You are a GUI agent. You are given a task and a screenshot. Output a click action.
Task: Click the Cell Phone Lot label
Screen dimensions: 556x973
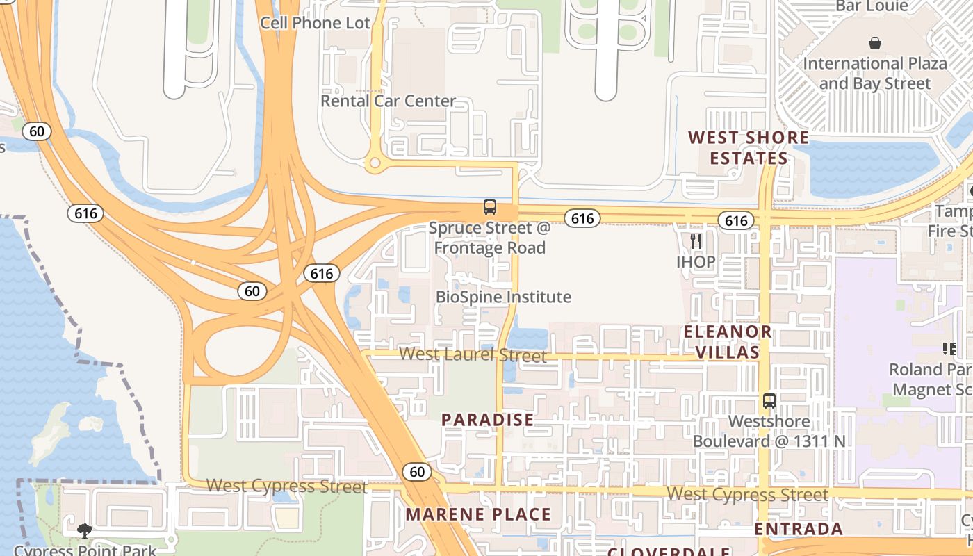pos(316,22)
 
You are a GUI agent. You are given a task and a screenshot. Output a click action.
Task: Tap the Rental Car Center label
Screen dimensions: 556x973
pos(388,101)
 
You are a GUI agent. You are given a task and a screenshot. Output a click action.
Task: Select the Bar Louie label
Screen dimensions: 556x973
pos(872,6)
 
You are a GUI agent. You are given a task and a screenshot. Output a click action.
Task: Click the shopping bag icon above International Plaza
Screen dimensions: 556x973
pos(875,43)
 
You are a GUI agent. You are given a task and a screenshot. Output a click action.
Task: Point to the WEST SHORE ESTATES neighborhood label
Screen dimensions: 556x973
pos(749,147)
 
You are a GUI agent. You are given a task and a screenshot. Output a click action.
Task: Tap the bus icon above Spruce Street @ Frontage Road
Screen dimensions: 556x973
pos(490,207)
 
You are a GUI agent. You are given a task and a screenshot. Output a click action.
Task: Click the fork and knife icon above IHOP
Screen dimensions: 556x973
pos(696,241)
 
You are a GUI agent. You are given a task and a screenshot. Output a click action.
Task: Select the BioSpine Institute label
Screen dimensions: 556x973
pos(503,297)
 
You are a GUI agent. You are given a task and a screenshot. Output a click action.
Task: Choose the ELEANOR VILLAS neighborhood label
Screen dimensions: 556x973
pos(728,341)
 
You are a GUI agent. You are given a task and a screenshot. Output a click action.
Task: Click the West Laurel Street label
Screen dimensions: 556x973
pos(473,354)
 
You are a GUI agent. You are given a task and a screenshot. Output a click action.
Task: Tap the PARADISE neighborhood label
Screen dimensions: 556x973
pos(488,420)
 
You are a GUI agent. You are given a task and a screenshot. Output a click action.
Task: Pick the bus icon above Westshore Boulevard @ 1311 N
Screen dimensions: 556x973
pos(769,401)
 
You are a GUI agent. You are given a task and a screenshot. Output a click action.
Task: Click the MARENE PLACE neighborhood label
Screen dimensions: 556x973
pos(478,514)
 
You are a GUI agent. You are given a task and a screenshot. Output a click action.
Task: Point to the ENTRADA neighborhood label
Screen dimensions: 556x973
pos(799,529)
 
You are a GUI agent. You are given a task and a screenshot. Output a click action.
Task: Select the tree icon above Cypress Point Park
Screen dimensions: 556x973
pos(85,531)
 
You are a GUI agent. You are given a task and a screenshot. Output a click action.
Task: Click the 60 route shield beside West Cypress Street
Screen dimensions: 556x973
pos(417,472)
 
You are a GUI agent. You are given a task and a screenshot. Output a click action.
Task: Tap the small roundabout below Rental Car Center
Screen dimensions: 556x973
pos(375,163)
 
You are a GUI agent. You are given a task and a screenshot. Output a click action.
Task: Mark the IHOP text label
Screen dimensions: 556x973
pos(696,262)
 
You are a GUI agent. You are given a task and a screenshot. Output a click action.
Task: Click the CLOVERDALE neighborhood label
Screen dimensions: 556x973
pos(669,552)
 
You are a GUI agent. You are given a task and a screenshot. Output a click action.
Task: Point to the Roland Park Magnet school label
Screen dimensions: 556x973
pos(931,379)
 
